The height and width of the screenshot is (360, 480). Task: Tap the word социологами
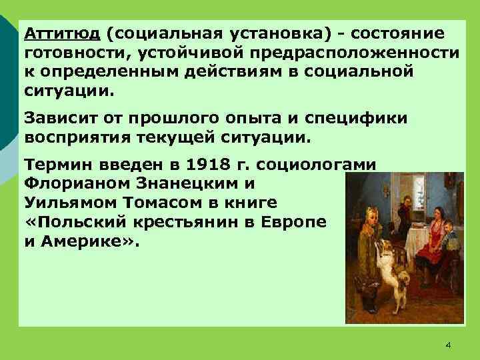(x=319, y=164)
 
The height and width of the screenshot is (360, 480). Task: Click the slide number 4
(x=447, y=344)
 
